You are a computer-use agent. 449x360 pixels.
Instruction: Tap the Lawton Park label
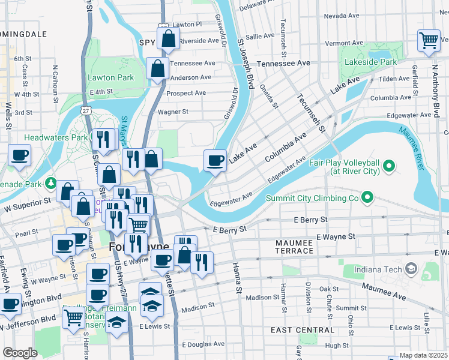110,77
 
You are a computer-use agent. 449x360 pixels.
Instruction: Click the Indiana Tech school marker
411,268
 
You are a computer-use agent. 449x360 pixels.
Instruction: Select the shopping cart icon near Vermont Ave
429,41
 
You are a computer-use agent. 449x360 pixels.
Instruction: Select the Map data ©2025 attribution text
423,355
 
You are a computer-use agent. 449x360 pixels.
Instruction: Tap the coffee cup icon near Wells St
19,156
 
